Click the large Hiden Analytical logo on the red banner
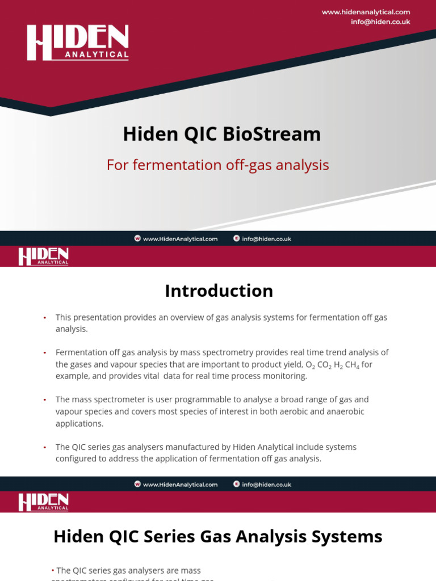(78, 43)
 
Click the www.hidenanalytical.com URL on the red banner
(366, 12)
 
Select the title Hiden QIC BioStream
(222, 134)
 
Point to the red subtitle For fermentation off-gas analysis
(218, 165)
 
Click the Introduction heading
(219, 290)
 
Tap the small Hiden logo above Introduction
(43, 256)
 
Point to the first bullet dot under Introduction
(44, 318)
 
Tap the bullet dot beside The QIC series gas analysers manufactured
(44, 447)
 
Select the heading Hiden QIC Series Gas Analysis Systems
(218, 536)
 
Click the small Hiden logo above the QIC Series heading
(43, 502)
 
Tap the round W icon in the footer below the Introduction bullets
(137, 485)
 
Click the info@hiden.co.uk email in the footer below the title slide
(266, 239)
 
